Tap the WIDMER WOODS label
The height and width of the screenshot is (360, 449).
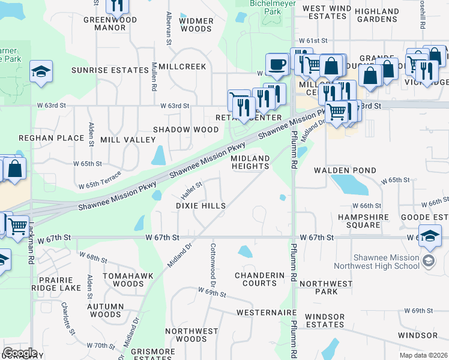[x=196, y=25]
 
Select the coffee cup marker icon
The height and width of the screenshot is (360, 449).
[x=277, y=64]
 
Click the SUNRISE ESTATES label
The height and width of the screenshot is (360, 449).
[x=110, y=70]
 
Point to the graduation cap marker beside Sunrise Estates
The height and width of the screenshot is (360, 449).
[x=40, y=71]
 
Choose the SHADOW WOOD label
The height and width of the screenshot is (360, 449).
[x=185, y=130]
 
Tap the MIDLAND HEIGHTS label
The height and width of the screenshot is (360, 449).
[x=250, y=162]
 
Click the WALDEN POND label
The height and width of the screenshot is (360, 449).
[x=343, y=170]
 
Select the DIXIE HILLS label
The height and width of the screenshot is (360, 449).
[x=200, y=206]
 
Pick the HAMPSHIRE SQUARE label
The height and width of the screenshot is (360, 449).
[x=360, y=221]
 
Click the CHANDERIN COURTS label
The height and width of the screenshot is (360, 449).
[x=259, y=279]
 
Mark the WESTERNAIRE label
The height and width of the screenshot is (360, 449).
[x=267, y=313]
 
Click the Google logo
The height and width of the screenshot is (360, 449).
[x=19, y=353]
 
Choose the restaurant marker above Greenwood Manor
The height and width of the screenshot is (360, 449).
[x=117, y=5]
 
